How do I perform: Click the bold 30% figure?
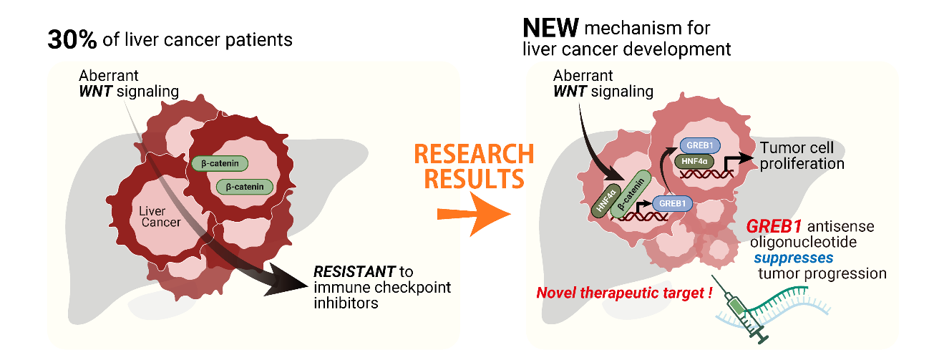[x=72, y=39]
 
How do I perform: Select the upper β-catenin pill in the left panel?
[x=219, y=163]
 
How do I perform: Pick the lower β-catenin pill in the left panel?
[x=245, y=187]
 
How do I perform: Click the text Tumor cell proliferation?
[x=802, y=155]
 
